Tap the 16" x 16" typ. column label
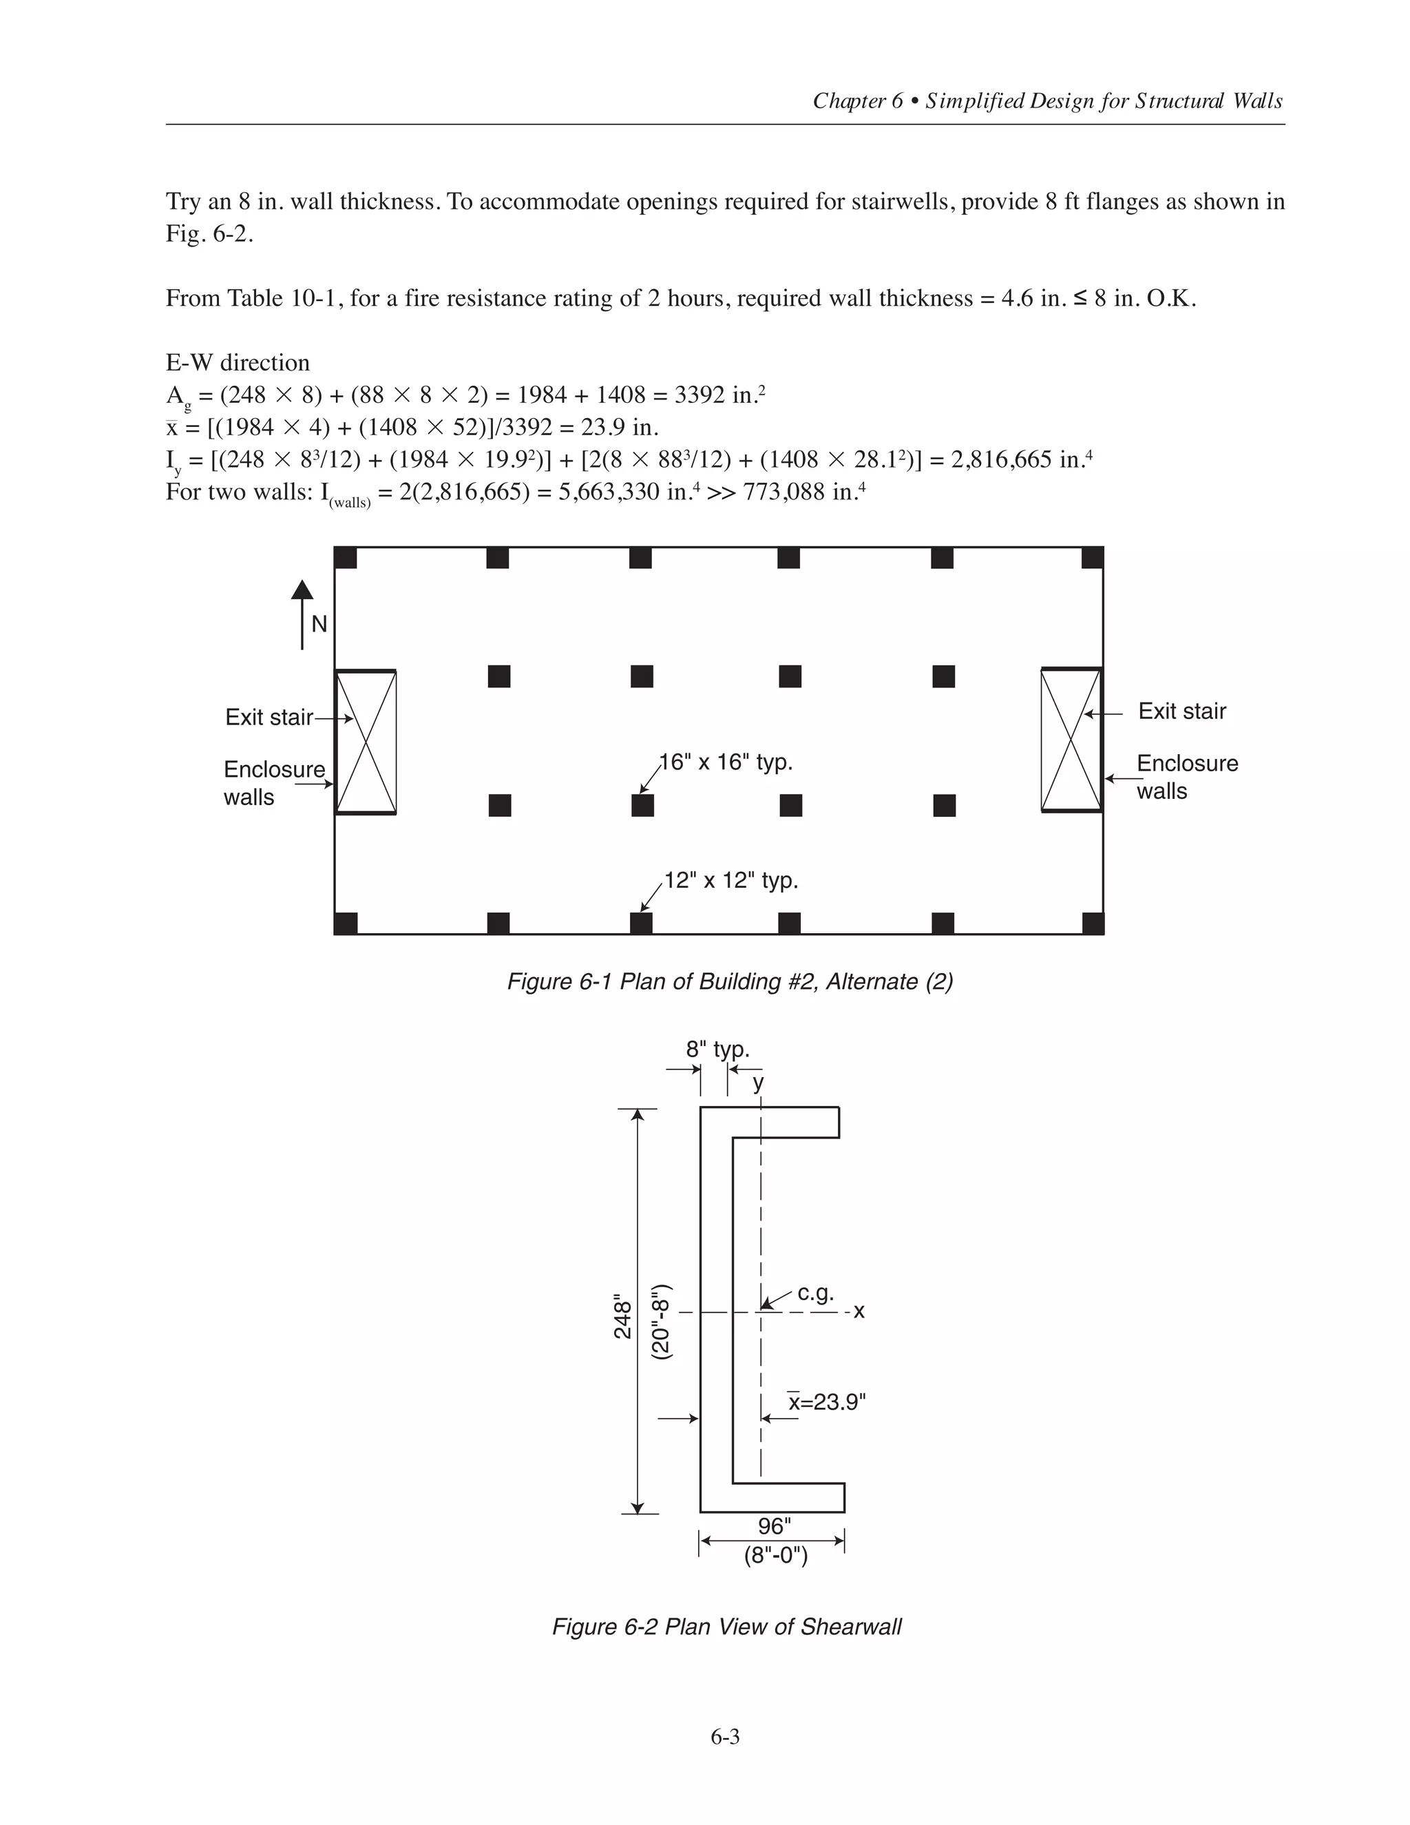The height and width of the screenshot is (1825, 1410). point(726,762)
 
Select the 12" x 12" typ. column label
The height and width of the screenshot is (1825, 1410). point(731,881)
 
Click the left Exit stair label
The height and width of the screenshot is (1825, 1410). point(269,717)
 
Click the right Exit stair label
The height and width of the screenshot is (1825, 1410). point(1182,711)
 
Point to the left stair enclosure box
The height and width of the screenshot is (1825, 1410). point(366,742)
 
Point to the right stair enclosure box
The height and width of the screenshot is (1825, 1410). point(1072,740)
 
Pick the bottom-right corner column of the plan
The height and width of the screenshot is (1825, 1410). point(1093,924)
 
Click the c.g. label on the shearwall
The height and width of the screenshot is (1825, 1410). point(815,1293)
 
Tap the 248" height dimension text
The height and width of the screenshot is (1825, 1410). point(623,1317)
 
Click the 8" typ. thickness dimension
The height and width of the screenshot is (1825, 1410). point(717,1050)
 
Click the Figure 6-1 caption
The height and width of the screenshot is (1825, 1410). point(730,981)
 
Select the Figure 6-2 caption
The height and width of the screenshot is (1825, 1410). point(727,1627)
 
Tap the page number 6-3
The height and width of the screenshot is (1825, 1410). point(725,1738)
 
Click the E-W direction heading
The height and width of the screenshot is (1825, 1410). point(238,363)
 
